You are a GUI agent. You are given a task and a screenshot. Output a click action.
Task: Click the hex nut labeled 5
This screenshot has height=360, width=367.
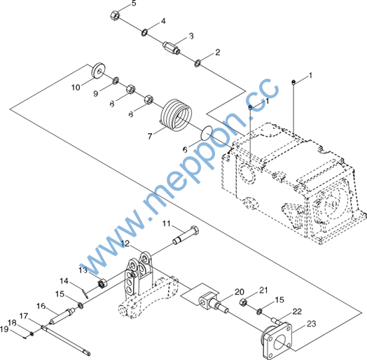115,15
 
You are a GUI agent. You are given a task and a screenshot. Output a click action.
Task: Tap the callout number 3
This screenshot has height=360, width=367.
191,36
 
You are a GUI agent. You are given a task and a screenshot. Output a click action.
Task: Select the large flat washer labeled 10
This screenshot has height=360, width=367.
98,71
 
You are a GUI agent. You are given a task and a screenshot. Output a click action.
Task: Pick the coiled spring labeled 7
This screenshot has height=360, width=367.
176,115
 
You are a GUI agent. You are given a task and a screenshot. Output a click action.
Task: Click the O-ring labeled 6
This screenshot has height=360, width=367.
207,133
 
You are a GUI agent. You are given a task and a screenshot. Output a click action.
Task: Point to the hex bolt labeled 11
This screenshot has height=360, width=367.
186,235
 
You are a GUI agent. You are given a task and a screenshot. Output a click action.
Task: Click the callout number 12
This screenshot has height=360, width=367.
125,244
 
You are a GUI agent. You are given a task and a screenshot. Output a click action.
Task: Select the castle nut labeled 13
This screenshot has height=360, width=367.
102,284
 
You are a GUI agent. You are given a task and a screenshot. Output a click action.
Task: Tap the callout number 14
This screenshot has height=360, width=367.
64,281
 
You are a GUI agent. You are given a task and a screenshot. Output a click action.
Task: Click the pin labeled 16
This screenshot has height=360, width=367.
62,317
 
